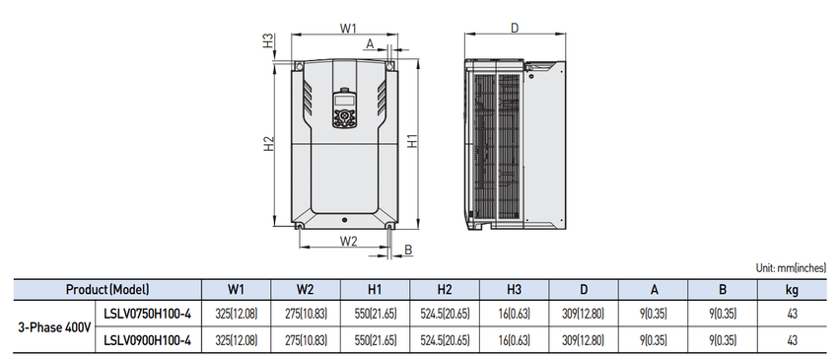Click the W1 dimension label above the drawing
tap(348, 29)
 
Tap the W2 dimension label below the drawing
tap(348, 242)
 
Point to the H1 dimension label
tap(412, 141)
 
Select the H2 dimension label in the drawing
tap(269, 143)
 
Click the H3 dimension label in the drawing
tap(268, 41)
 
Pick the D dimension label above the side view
tap(514, 29)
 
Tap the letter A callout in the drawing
tap(370, 44)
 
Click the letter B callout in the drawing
tap(408, 250)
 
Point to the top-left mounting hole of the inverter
tap(299, 66)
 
